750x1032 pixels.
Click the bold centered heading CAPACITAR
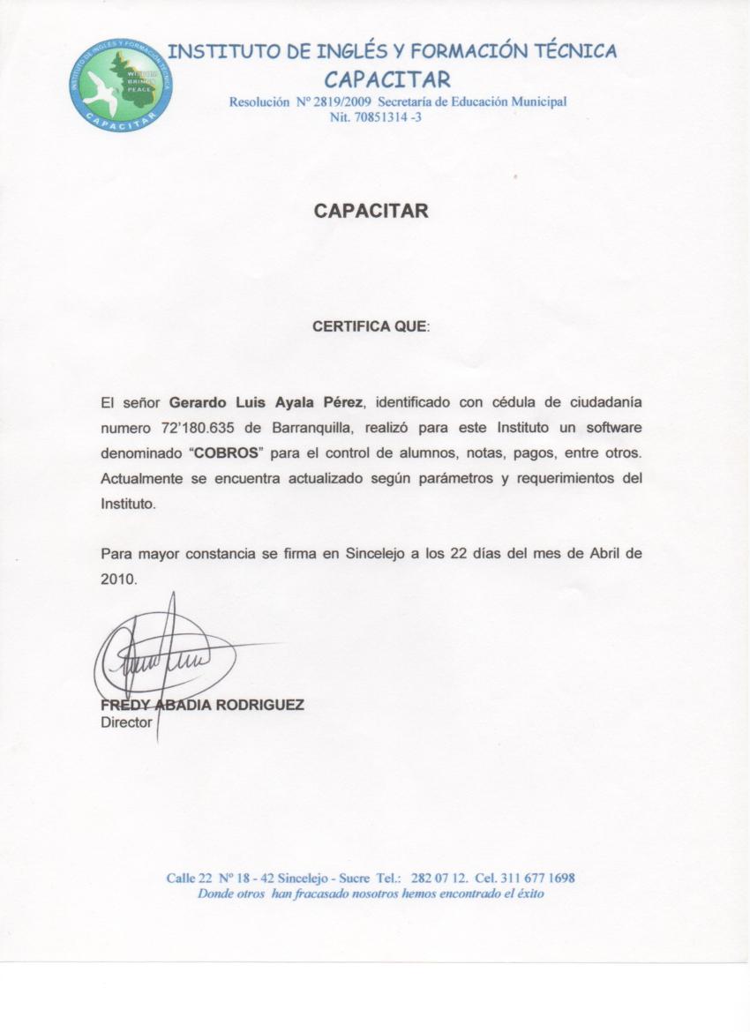pyautogui.click(x=371, y=211)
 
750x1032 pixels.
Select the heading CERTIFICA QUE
pyautogui.click(x=370, y=326)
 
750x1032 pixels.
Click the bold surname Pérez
pyautogui.click(x=343, y=403)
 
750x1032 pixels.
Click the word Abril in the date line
pyautogui.click(x=597, y=555)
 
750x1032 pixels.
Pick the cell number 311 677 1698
pyautogui.click(x=537, y=879)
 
